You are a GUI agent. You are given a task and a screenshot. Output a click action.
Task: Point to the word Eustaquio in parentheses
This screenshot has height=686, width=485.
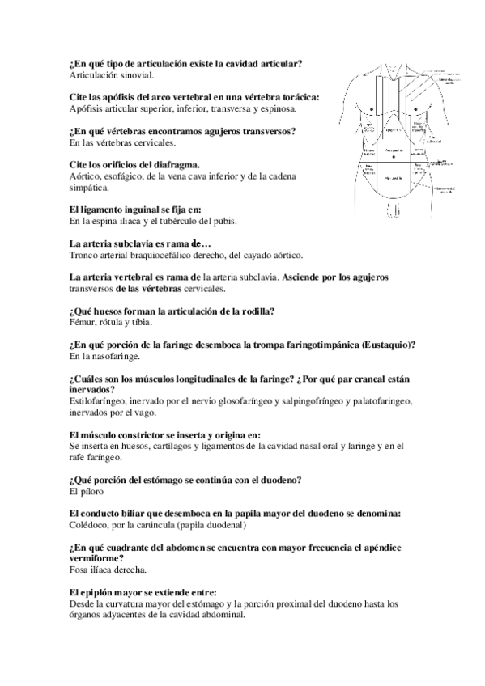388,345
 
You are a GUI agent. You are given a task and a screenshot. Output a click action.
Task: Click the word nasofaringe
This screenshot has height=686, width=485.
114,356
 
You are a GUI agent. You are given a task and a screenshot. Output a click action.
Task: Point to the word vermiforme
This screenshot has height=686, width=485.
97,559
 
